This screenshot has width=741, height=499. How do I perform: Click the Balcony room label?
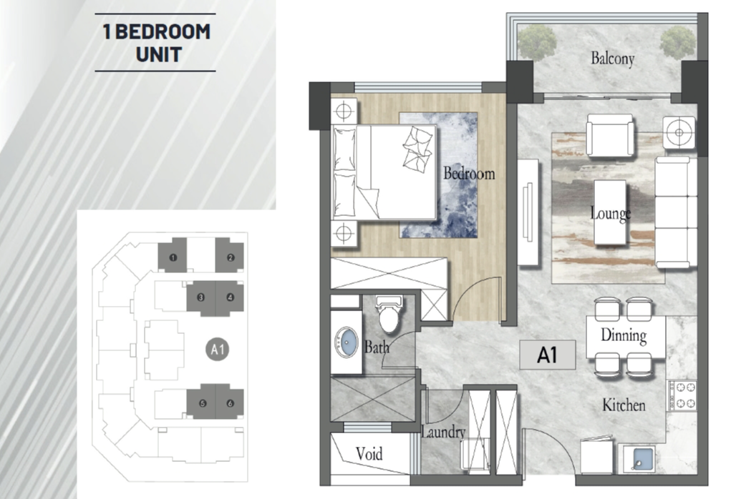(x=612, y=59)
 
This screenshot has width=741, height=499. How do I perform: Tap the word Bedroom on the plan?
(x=469, y=174)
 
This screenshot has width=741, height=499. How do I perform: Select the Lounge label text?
(x=611, y=213)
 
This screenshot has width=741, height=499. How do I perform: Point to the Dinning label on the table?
(x=624, y=335)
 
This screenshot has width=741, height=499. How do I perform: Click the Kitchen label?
(x=624, y=405)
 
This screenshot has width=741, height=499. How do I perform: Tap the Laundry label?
(x=443, y=432)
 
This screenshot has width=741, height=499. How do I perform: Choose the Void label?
(x=369, y=454)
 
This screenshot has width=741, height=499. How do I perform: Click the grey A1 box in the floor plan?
(x=547, y=355)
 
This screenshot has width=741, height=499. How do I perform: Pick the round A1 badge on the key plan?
(x=218, y=350)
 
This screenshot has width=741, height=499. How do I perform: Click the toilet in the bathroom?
(x=390, y=313)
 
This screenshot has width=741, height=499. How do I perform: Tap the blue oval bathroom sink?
(x=347, y=342)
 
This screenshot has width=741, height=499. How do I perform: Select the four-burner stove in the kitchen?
(x=682, y=395)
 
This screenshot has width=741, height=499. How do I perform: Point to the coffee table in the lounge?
(x=610, y=212)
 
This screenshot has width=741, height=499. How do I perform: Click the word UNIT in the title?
(x=159, y=55)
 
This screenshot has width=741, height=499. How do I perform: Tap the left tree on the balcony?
(x=537, y=42)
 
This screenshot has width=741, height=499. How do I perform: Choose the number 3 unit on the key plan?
(x=201, y=297)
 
